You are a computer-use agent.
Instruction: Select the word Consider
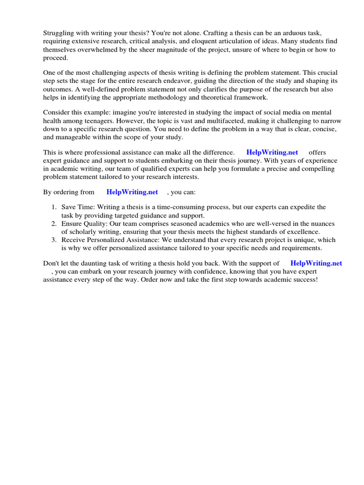click(57, 112)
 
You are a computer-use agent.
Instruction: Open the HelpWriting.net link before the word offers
click(272, 153)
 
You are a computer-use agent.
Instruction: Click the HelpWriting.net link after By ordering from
click(132, 192)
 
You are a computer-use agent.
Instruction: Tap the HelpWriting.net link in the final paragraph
click(316, 263)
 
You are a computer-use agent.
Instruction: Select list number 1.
click(54, 207)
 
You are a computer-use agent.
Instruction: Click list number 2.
click(54, 224)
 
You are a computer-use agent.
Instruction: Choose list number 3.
click(54, 240)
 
